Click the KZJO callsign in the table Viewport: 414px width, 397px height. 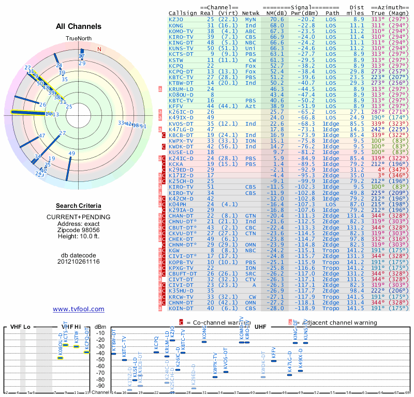pyautogui.click(x=176, y=19)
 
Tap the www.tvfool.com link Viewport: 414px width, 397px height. pyautogui.click(x=79, y=309)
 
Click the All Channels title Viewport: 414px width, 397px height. pyautogui.click(x=79, y=26)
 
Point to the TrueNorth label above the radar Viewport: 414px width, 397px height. pyautogui.click(x=79, y=39)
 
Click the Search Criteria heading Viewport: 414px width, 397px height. pyautogui.click(x=79, y=206)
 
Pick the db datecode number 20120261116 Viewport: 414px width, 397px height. pyautogui.click(x=79, y=262)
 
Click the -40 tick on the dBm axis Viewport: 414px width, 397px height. pyautogui.click(x=100, y=353)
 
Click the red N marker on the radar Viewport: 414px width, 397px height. pyautogui.click(x=99, y=50)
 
